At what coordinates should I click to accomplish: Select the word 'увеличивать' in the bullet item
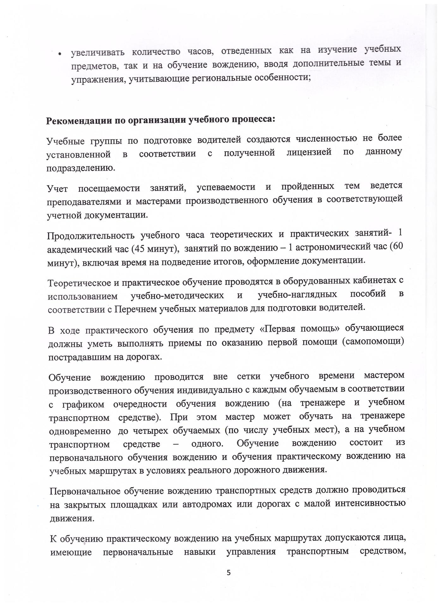click(98, 52)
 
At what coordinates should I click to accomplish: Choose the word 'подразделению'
click(81, 168)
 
